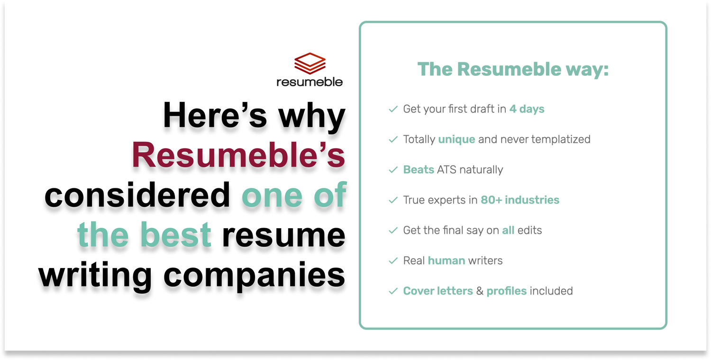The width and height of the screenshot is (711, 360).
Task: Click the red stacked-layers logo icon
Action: (x=310, y=63)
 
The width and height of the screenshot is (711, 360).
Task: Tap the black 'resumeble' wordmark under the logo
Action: (x=310, y=82)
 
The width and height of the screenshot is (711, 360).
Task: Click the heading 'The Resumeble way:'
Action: (x=513, y=69)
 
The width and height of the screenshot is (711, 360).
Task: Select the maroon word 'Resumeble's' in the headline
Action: (x=239, y=155)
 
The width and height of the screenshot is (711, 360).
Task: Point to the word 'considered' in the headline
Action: (x=137, y=194)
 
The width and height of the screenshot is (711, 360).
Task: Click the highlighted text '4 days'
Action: (x=527, y=109)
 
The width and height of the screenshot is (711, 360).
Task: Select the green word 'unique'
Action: (x=456, y=139)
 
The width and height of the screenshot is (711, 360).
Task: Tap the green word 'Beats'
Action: (x=419, y=170)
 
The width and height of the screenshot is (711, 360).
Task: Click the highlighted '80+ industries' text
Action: (x=520, y=200)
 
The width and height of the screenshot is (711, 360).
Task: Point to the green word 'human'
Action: (x=447, y=260)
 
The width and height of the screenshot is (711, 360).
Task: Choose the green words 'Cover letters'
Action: (x=438, y=291)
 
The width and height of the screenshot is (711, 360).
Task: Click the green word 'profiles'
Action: (x=507, y=291)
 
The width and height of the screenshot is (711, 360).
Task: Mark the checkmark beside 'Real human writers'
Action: (x=393, y=260)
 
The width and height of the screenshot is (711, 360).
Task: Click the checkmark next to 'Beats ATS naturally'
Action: (x=393, y=170)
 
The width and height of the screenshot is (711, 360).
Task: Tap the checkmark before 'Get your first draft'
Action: (x=393, y=109)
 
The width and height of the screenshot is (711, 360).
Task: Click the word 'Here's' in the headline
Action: (x=215, y=115)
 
